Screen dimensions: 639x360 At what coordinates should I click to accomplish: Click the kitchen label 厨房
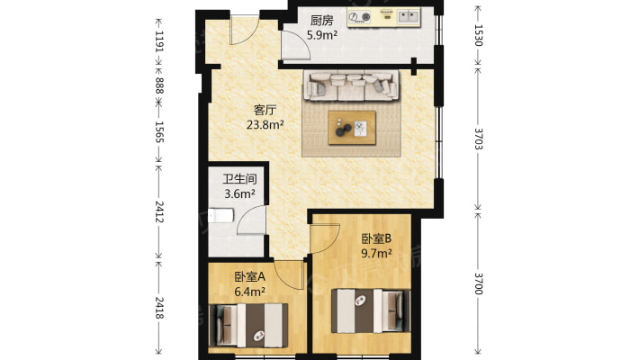tap(322, 21)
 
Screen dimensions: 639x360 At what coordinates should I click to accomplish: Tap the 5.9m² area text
tap(322, 35)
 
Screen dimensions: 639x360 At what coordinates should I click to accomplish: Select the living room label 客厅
tap(265, 110)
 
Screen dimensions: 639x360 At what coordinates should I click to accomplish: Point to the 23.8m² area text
tap(265, 124)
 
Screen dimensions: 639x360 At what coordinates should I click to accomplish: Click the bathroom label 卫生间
tap(240, 179)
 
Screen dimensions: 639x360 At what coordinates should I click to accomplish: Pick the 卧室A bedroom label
tap(250, 277)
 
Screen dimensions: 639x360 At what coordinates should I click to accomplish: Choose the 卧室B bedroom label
tap(376, 238)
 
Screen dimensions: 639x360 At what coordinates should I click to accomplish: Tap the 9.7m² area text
tap(376, 253)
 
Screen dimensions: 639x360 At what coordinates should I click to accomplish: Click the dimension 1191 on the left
tap(159, 41)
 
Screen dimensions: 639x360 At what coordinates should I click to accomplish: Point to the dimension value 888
tap(159, 85)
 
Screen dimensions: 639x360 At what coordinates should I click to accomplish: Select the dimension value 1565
tap(159, 132)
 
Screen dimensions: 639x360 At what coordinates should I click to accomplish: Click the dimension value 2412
tap(159, 211)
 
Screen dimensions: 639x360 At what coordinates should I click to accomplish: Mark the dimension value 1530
tap(479, 35)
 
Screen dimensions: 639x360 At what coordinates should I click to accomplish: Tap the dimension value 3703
tap(479, 139)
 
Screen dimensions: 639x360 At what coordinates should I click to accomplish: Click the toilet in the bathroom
tap(220, 216)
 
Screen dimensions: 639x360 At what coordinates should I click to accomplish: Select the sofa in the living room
tap(351, 85)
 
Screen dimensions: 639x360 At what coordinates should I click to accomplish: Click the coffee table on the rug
tap(352, 128)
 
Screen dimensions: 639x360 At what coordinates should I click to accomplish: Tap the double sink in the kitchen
tap(409, 17)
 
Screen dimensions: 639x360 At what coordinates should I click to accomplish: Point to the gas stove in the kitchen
tap(360, 17)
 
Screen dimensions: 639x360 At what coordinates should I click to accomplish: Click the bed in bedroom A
tap(248, 325)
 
